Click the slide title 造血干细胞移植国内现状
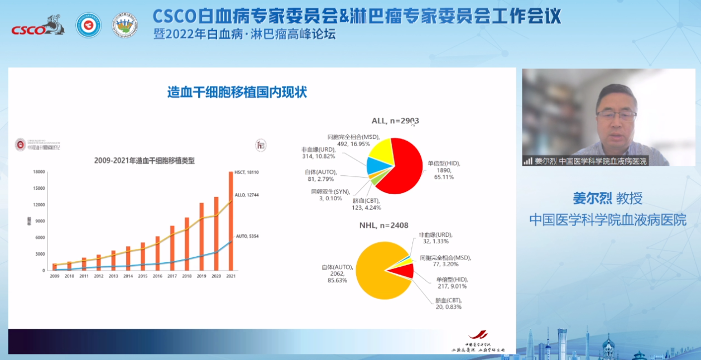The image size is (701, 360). (237, 92)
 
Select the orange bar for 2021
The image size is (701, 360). (231, 223)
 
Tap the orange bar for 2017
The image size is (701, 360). (172, 248)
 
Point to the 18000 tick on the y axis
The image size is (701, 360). (39, 172)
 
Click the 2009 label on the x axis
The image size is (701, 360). (55, 276)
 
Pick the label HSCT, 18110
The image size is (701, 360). (246, 172)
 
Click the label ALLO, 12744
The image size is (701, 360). (247, 195)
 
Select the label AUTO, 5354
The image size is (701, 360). (247, 236)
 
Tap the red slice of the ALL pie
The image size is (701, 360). (405, 167)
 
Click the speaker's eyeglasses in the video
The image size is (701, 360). (616, 116)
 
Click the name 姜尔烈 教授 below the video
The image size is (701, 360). (608, 198)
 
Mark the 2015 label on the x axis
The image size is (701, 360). (143, 276)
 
